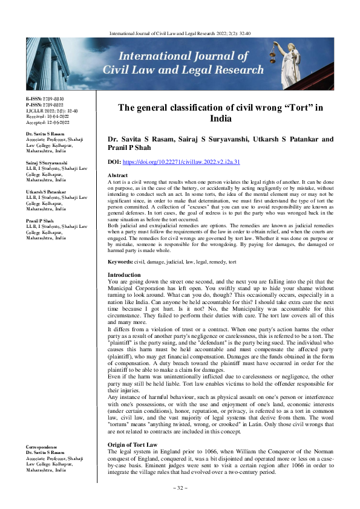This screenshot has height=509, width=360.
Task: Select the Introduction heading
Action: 123,274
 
